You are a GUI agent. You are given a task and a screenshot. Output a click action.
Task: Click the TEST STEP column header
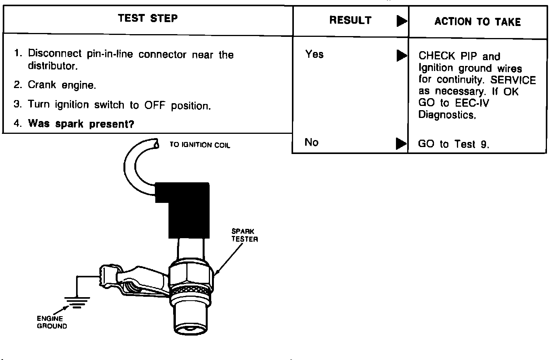(148, 18)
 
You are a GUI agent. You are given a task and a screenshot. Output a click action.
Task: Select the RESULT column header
(350, 21)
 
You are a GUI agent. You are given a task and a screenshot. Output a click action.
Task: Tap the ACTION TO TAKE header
(477, 22)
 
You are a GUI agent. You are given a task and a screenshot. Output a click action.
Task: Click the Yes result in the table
(314, 54)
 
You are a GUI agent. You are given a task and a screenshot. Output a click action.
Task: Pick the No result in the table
(311, 142)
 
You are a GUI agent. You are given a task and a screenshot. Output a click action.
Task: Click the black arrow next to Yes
(401, 56)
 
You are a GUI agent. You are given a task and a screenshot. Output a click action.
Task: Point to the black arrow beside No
(401, 144)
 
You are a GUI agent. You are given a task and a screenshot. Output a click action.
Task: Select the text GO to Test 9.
(453, 144)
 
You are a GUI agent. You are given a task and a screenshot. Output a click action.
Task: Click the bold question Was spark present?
(81, 124)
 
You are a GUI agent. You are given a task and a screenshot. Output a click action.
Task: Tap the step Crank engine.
(62, 85)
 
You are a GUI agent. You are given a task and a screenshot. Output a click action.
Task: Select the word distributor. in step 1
(53, 66)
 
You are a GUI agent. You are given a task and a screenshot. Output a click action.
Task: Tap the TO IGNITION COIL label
(200, 145)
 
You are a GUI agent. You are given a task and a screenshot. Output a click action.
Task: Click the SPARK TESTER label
(245, 235)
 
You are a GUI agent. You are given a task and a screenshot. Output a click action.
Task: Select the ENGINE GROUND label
(52, 322)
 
